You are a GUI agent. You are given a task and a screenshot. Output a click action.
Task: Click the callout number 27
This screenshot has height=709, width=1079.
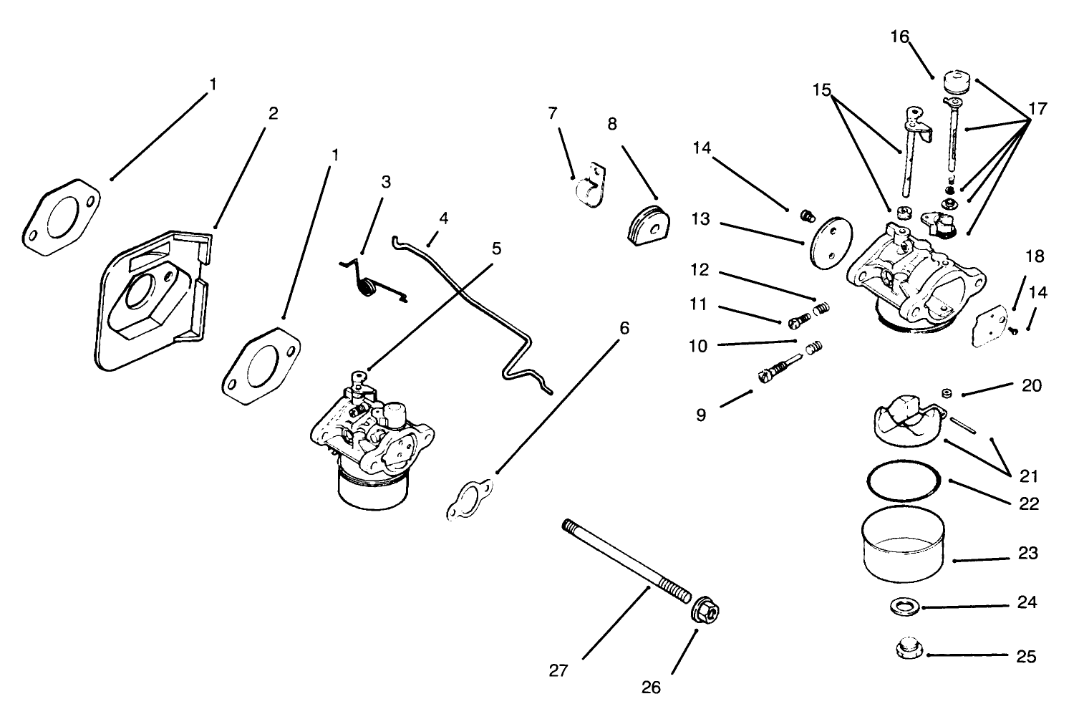[x=558, y=671]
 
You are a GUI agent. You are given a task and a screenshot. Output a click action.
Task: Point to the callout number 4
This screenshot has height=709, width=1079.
[x=444, y=218]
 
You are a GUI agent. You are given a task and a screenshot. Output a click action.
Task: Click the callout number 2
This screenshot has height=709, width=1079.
[x=273, y=113]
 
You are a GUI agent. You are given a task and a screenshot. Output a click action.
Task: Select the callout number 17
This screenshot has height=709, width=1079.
[x=1037, y=109]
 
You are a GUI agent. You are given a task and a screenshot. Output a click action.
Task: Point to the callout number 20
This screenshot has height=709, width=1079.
[x=1031, y=385]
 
